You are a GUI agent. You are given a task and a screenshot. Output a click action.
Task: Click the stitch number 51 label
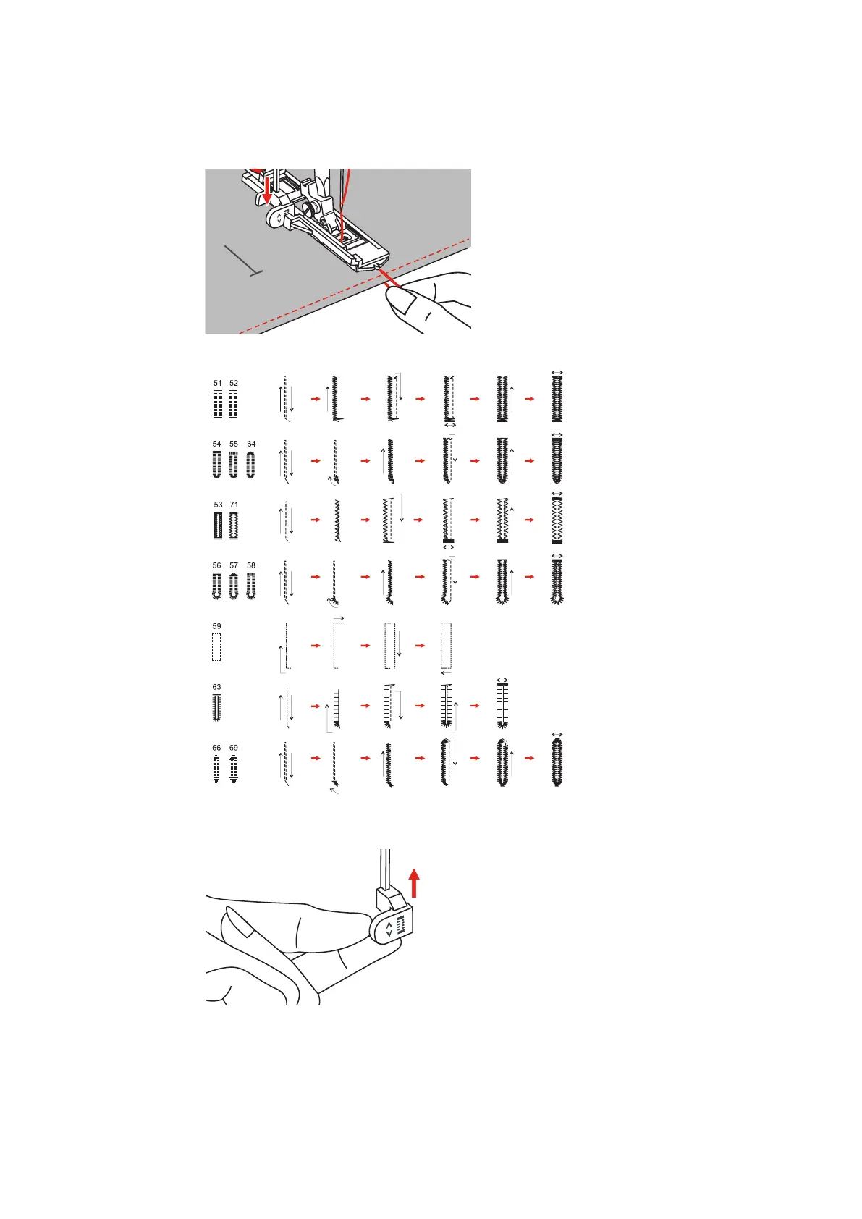coord(217,383)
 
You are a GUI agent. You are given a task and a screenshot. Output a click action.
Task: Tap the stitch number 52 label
coord(234,383)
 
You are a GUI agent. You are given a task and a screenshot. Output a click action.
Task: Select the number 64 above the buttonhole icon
coord(251,444)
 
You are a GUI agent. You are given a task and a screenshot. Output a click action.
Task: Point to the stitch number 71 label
coord(234,505)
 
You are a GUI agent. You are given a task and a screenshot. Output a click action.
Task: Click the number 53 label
coord(218,505)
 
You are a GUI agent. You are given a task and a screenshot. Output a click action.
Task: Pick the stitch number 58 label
coord(251,565)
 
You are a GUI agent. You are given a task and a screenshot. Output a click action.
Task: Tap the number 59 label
coord(216,626)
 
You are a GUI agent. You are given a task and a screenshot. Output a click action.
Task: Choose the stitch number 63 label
coord(216,687)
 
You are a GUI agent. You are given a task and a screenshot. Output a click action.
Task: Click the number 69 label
coord(234,748)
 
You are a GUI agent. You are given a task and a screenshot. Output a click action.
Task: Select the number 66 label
coord(216,748)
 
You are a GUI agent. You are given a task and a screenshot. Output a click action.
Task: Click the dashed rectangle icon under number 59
coord(216,646)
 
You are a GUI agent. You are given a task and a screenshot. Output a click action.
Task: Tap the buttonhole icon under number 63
coord(216,707)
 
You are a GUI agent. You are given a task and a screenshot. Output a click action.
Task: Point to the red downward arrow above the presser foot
coord(267,190)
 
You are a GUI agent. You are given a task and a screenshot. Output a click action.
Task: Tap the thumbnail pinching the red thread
coord(397,299)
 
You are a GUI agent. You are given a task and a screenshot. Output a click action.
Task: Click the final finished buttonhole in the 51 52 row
coord(557,398)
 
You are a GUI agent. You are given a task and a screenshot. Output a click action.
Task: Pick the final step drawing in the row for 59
coord(447,646)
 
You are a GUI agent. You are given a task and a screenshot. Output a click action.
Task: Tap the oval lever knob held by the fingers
coord(391,929)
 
